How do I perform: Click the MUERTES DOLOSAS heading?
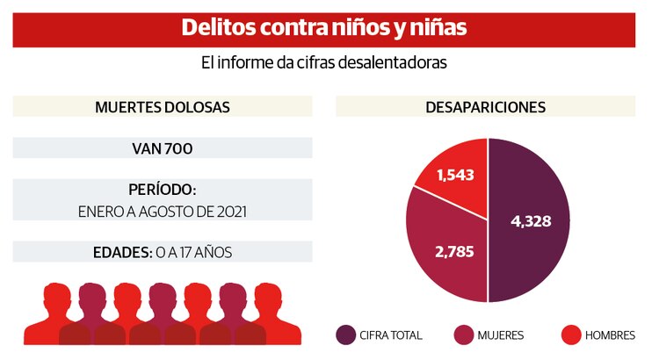[162, 107]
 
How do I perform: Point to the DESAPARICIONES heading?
[485, 107]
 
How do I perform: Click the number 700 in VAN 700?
[177, 148]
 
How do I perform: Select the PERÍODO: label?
[162, 190]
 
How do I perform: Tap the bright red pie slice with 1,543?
[455, 172]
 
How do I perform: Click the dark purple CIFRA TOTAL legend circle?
[346, 335]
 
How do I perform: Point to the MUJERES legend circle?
[465, 335]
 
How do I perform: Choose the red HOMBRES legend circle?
[571, 335]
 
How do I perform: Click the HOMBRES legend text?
[611, 335]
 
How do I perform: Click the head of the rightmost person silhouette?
[267, 297]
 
